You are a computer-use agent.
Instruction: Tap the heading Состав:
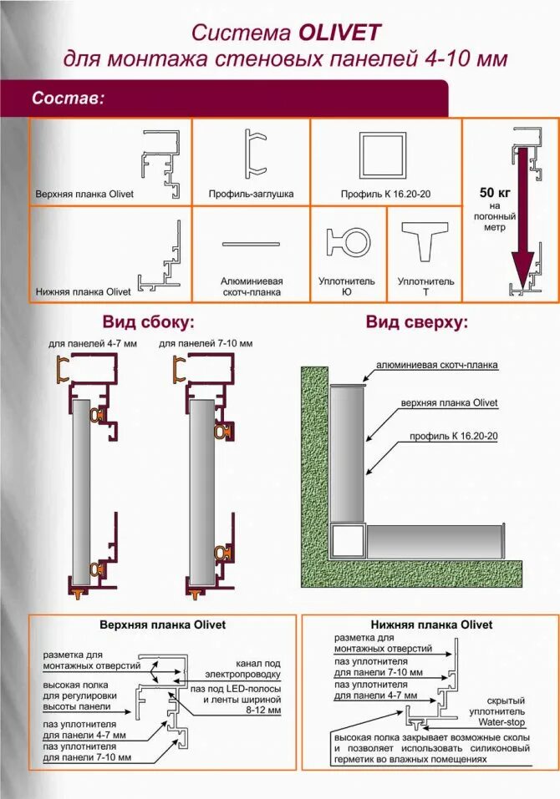(68, 99)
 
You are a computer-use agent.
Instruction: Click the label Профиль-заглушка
(251, 194)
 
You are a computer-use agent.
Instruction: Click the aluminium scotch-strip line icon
(251, 244)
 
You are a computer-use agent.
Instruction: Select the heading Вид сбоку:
(149, 322)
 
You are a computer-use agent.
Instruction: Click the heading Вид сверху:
(417, 322)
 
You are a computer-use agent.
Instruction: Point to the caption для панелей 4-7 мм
(84, 343)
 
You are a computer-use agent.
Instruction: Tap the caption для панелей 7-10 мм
(206, 343)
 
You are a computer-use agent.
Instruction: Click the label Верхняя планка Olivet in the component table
(84, 194)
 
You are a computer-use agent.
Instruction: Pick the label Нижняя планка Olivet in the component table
(83, 292)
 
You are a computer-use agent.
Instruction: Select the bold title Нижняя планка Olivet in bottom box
(431, 625)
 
